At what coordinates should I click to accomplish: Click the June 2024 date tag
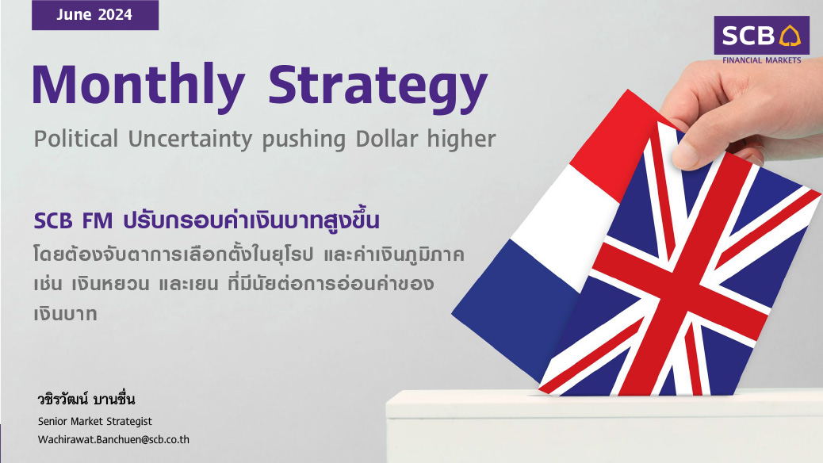click(95, 15)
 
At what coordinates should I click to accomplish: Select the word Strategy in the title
click(378, 87)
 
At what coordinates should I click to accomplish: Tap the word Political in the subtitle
click(76, 139)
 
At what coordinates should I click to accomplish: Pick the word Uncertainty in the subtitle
click(190, 139)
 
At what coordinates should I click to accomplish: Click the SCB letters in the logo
click(748, 36)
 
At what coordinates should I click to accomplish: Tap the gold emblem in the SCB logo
click(790, 36)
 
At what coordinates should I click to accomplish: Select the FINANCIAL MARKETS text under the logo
click(762, 60)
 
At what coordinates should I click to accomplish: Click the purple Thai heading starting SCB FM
click(206, 220)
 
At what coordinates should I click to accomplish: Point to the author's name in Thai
click(86, 400)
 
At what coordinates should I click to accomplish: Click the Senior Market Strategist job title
click(95, 422)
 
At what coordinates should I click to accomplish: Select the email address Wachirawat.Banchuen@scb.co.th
click(113, 440)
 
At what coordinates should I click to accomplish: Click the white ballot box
click(604, 427)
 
